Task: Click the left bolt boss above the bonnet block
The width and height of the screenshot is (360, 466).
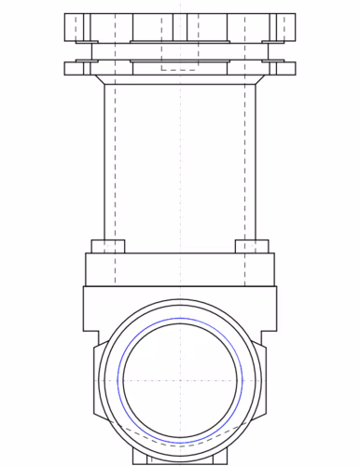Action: point(108,246)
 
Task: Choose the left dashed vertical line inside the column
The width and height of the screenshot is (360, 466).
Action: point(114,158)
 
